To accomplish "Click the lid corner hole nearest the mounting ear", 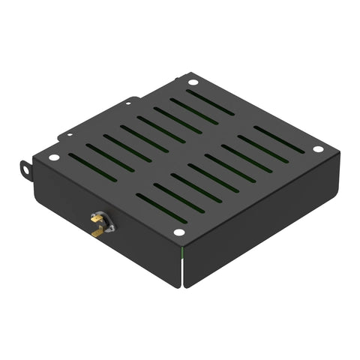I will tap(53, 157).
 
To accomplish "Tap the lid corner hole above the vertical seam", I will tap(178, 232).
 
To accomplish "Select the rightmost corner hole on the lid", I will tap(318, 149).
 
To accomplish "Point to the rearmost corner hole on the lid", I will tap(193, 82).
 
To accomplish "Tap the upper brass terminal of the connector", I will tap(96, 218).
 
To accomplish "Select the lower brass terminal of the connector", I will tap(95, 232).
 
